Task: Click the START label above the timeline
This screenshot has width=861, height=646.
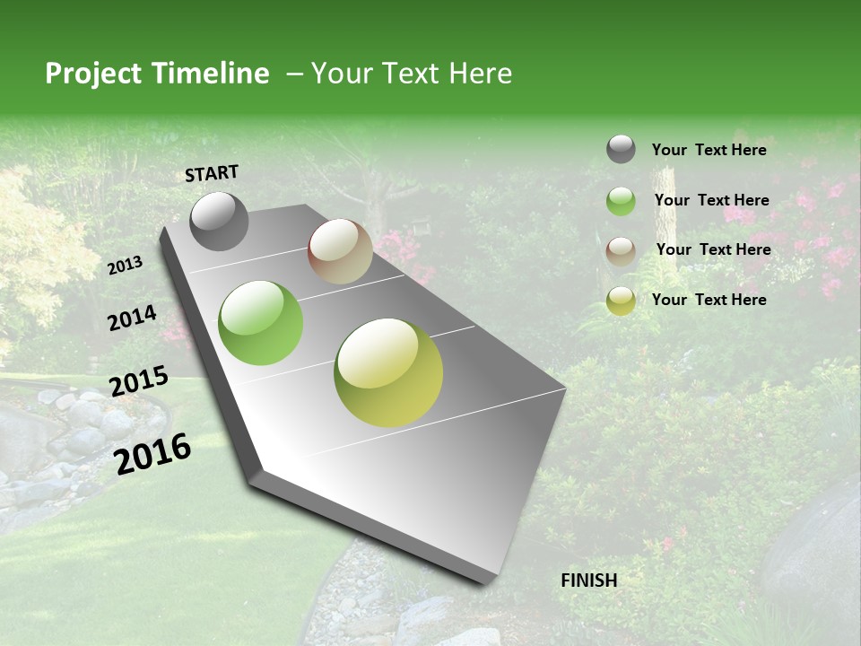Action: point(212,173)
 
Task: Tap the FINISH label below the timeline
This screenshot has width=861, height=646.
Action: point(589,581)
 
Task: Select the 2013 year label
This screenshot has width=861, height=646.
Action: point(126,266)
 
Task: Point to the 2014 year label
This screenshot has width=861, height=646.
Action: point(132,319)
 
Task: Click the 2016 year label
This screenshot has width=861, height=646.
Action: point(152,453)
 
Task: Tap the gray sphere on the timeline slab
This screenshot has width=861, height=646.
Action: point(220,221)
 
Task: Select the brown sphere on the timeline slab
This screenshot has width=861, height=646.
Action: point(340,251)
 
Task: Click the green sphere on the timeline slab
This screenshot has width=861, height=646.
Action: point(261,323)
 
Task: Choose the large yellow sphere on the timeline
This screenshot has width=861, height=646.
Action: point(388,372)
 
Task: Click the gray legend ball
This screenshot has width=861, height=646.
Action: point(621,150)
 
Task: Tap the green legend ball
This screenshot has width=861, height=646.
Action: point(621,201)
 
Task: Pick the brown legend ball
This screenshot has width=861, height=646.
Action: point(621,251)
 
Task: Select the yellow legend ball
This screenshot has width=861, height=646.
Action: point(621,301)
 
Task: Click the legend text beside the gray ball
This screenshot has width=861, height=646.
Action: point(709,150)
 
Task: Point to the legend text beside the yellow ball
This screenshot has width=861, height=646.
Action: point(709,300)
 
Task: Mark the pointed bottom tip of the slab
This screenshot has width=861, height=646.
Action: point(484,581)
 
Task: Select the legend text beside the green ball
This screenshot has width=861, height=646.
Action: point(711,200)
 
